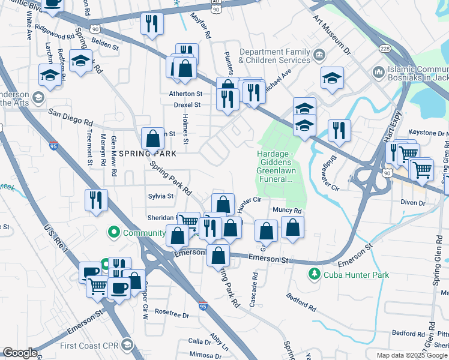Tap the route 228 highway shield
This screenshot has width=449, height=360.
click(384, 47)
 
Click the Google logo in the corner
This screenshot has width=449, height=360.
click(20, 353)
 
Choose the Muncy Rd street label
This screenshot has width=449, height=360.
click(287, 211)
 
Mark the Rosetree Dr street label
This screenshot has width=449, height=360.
click(172, 314)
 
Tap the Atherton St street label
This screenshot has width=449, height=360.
click(185, 94)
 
